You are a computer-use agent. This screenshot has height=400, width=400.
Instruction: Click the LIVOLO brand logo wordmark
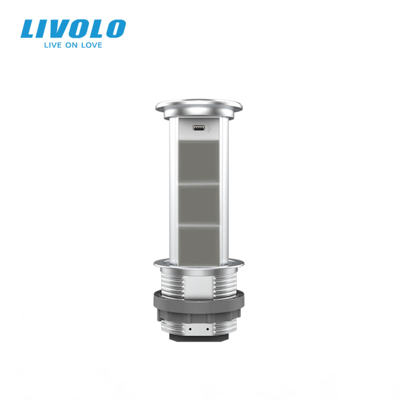pyautogui.click(x=73, y=28)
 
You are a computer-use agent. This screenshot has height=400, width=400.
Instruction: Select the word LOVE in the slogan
pyautogui.click(x=91, y=45)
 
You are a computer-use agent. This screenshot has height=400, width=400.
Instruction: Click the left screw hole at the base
pyautogui.click(x=190, y=328)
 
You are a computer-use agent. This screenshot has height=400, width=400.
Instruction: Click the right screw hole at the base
pyautogui.click(x=207, y=328)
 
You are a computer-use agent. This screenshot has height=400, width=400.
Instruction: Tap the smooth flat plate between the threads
pyautogui.click(x=199, y=282)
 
